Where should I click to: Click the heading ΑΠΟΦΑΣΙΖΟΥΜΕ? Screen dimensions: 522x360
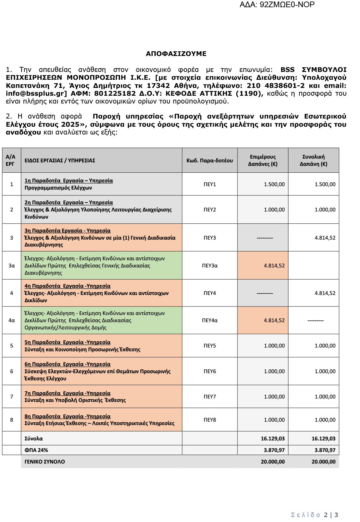click(x=176, y=54)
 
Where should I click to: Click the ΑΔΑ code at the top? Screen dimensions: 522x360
click(x=277, y=5)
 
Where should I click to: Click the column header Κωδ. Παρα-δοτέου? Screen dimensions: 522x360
click(x=210, y=160)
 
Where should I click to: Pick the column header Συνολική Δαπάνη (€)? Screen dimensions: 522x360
click(x=313, y=160)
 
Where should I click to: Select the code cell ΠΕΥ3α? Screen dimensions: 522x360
click(x=210, y=266)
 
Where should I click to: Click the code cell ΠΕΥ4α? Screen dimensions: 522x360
click(x=210, y=320)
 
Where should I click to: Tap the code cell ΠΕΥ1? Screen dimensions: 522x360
click(x=210, y=184)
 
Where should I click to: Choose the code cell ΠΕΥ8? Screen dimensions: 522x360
click(x=210, y=420)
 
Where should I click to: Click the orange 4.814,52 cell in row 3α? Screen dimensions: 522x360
click(x=274, y=266)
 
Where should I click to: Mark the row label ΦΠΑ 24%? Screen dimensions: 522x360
click(x=36, y=450)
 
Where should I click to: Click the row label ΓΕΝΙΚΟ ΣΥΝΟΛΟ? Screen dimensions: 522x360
click(x=45, y=462)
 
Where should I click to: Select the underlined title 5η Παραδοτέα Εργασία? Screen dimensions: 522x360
click(x=67, y=342)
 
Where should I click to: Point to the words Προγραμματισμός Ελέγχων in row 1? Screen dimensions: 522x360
click(x=58, y=188)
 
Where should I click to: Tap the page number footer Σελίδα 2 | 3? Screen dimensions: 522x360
click(x=314, y=515)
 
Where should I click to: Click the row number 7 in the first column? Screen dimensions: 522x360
click(x=12, y=397)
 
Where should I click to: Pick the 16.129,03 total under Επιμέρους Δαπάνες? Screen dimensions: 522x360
click(x=272, y=438)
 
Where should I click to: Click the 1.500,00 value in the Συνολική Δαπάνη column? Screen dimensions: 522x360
click(x=325, y=184)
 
